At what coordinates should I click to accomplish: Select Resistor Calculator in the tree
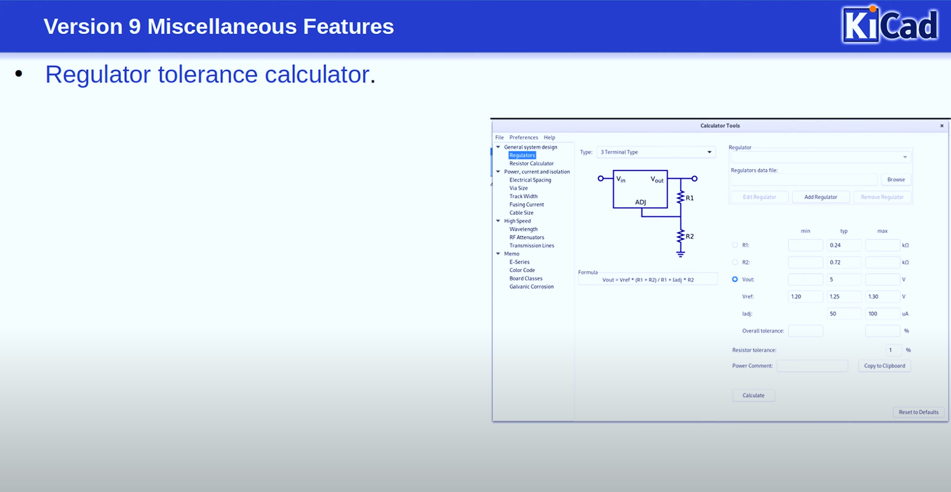(x=531, y=163)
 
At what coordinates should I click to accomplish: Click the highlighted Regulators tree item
(x=522, y=155)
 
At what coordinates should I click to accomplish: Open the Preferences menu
(x=523, y=137)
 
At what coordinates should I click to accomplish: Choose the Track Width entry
(x=523, y=196)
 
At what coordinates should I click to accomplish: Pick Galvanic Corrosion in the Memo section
(x=531, y=287)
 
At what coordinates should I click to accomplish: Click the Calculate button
(x=753, y=395)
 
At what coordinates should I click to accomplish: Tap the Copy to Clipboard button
(x=884, y=366)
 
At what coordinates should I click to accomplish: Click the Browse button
(x=896, y=179)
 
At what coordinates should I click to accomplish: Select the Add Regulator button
(x=821, y=197)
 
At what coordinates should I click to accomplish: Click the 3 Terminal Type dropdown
(x=656, y=152)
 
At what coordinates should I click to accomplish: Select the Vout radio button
(x=735, y=279)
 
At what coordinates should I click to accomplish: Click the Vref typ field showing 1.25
(x=844, y=296)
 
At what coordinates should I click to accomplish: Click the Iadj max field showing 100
(x=882, y=314)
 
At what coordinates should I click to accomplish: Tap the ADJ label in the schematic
(x=640, y=202)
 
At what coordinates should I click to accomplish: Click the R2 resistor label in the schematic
(x=690, y=237)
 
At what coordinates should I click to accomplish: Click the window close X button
(x=942, y=126)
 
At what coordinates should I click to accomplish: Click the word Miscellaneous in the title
(x=222, y=27)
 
